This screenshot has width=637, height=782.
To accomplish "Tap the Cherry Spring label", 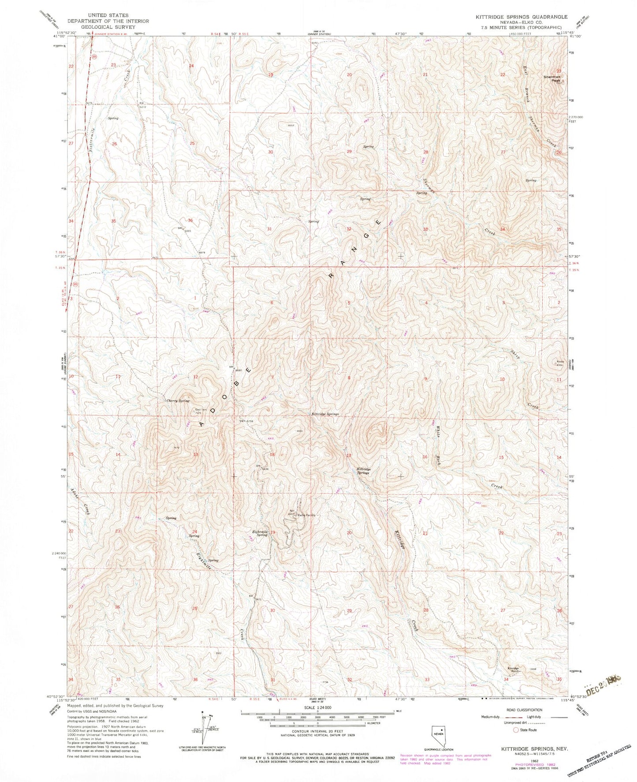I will pyautogui.click(x=178, y=401).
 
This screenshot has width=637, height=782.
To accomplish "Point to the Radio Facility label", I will pyautogui.click(x=307, y=515).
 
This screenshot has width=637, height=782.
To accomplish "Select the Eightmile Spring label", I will pyautogui.click(x=260, y=533).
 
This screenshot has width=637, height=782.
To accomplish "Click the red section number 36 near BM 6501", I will pyautogui.click(x=190, y=220).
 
